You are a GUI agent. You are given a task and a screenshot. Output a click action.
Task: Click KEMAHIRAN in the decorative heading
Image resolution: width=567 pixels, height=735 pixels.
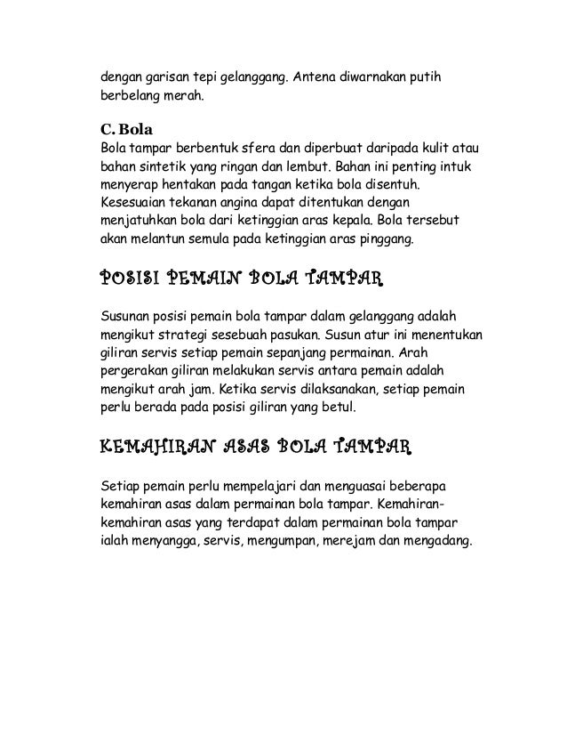pos(150,446)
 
